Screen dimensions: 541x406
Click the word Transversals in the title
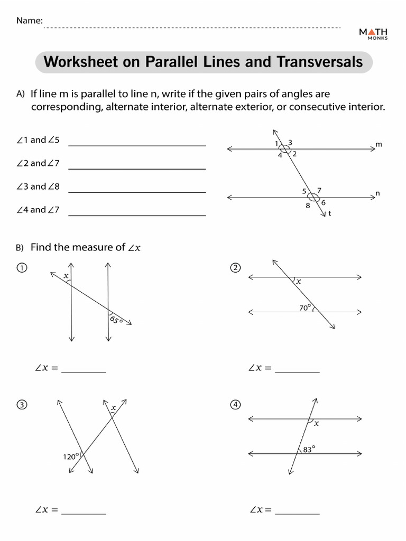[320, 62]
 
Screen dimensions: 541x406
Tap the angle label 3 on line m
[290, 143]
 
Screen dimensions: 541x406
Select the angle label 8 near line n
[308, 206]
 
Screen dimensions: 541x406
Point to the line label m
[379, 144]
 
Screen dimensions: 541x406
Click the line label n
[377, 193]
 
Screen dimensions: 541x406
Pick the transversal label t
[330, 214]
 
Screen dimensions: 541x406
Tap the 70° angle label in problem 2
[304, 307]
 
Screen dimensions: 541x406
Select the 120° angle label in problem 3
[71, 456]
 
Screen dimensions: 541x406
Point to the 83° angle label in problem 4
[309, 450]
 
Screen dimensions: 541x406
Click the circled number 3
[21, 405]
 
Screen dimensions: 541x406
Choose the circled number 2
[235, 268]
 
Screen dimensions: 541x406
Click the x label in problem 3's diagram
[113, 407]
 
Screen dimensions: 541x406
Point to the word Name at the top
[29, 21]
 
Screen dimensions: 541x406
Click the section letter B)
[20, 247]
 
